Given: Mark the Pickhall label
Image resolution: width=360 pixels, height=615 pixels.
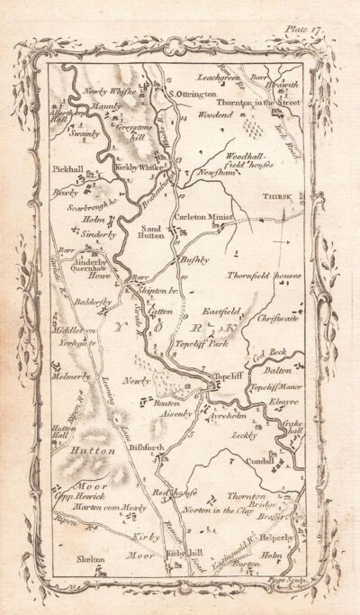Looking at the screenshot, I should click(70, 168).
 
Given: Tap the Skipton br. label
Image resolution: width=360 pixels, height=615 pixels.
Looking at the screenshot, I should click(155, 295).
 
